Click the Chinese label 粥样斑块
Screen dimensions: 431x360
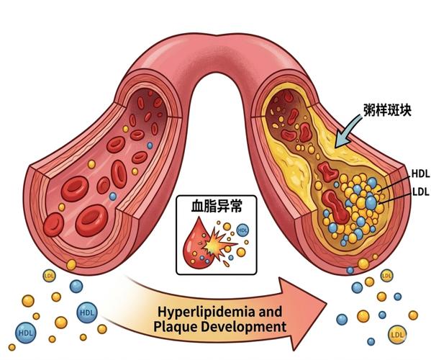coord(387,110)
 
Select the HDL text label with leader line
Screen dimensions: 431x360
coord(420,174)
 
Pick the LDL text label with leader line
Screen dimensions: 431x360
coord(421,192)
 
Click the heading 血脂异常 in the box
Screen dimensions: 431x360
coord(217,206)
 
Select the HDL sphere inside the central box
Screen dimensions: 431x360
coord(242,230)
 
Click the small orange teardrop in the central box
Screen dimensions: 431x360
coord(226,264)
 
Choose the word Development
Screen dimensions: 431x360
coord(243,328)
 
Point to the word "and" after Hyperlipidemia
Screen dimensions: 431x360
coord(270,312)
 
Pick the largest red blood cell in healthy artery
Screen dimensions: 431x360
coord(91,220)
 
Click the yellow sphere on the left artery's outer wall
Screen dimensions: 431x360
coord(71,265)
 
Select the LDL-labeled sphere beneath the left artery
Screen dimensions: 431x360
coord(50,276)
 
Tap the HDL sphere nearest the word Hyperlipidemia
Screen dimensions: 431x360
coord(87,312)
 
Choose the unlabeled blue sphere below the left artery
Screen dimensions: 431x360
coord(76,287)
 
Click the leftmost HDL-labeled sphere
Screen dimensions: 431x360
coord(26,333)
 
